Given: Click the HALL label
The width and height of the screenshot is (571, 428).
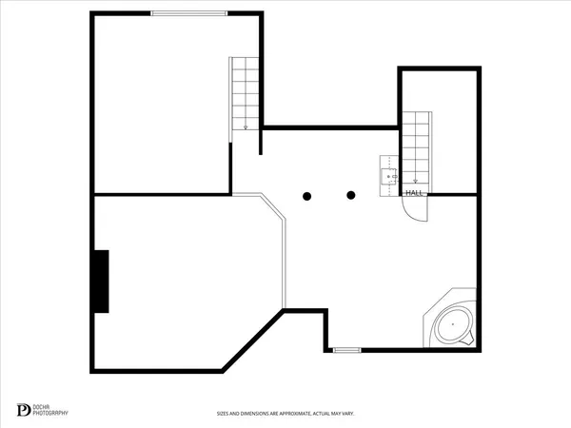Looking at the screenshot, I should tap(415, 193).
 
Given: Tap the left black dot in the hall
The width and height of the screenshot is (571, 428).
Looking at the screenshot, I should tap(307, 196).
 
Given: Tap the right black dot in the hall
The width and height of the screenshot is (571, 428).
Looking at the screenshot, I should tap(351, 196).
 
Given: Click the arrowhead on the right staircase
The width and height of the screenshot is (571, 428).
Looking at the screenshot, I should tap(415, 181).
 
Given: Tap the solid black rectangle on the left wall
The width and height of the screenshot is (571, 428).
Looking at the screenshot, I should tap(100, 281).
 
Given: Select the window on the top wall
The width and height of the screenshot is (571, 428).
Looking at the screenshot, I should tap(190, 12).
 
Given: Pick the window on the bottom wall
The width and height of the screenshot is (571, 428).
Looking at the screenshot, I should tap(347, 350).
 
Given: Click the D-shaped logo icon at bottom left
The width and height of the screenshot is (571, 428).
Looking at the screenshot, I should tap(24, 410).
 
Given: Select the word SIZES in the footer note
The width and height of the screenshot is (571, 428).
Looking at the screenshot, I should tap(223, 414).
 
